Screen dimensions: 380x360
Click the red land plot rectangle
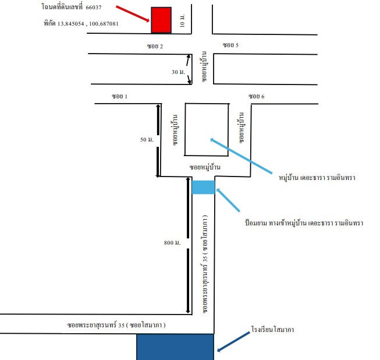point(161,20)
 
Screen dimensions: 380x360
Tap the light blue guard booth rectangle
point(203,187)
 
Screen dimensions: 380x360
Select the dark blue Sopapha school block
point(175,347)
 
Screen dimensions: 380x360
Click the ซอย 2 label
point(155,46)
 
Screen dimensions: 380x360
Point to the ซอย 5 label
point(230,45)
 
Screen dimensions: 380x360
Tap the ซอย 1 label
point(119,96)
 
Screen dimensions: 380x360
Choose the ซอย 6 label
point(257,96)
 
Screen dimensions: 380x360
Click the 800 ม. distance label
point(172,242)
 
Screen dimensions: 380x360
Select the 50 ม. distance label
point(147,139)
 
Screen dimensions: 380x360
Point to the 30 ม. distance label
point(179,72)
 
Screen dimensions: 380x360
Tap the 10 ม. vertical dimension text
point(182,20)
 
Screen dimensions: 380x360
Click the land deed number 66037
point(94,7)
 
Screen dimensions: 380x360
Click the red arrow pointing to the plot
point(133,13)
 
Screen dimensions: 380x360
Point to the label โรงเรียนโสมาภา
point(273,329)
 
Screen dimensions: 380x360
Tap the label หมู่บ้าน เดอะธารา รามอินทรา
point(317,177)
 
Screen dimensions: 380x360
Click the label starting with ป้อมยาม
point(304,223)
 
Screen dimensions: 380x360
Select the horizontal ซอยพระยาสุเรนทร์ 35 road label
point(116,324)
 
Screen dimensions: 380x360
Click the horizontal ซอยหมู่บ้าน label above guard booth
point(205,167)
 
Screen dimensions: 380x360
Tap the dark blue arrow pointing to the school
point(233,341)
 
